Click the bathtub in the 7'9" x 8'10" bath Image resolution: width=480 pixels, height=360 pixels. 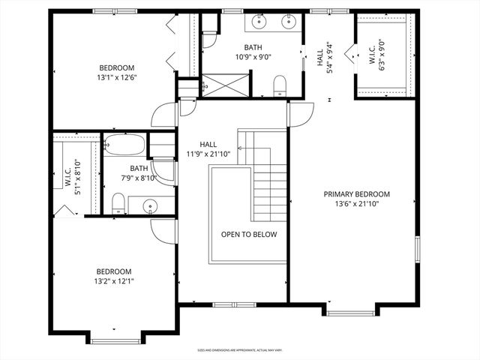[x=124, y=144]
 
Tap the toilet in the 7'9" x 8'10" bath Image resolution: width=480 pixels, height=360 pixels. [x=118, y=202]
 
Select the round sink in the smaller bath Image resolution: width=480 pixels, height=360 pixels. [x=148, y=205]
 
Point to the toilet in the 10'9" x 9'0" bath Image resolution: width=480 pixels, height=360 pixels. [x=280, y=85]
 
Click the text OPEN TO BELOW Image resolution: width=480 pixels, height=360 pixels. [x=249, y=235]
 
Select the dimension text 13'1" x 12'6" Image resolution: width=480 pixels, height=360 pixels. [x=116, y=76]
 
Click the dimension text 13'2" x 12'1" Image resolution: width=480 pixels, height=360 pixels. [x=114, y=281]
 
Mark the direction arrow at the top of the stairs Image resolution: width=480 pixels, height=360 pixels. [x=242, y=148]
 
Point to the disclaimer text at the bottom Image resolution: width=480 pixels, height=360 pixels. [x=239, y=349]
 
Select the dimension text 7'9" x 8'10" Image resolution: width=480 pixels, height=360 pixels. [x=138, y=178]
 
